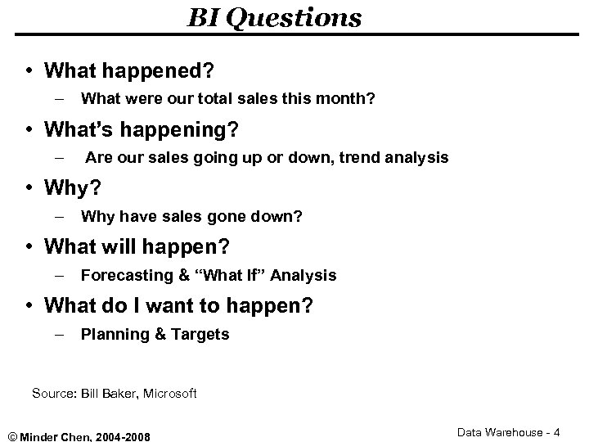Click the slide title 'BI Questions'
coord(275,17)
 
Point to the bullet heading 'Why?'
coord(72,189)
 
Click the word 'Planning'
coord(111,334)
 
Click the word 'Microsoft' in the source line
coord(169,394)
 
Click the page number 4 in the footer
coord(556,431)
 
